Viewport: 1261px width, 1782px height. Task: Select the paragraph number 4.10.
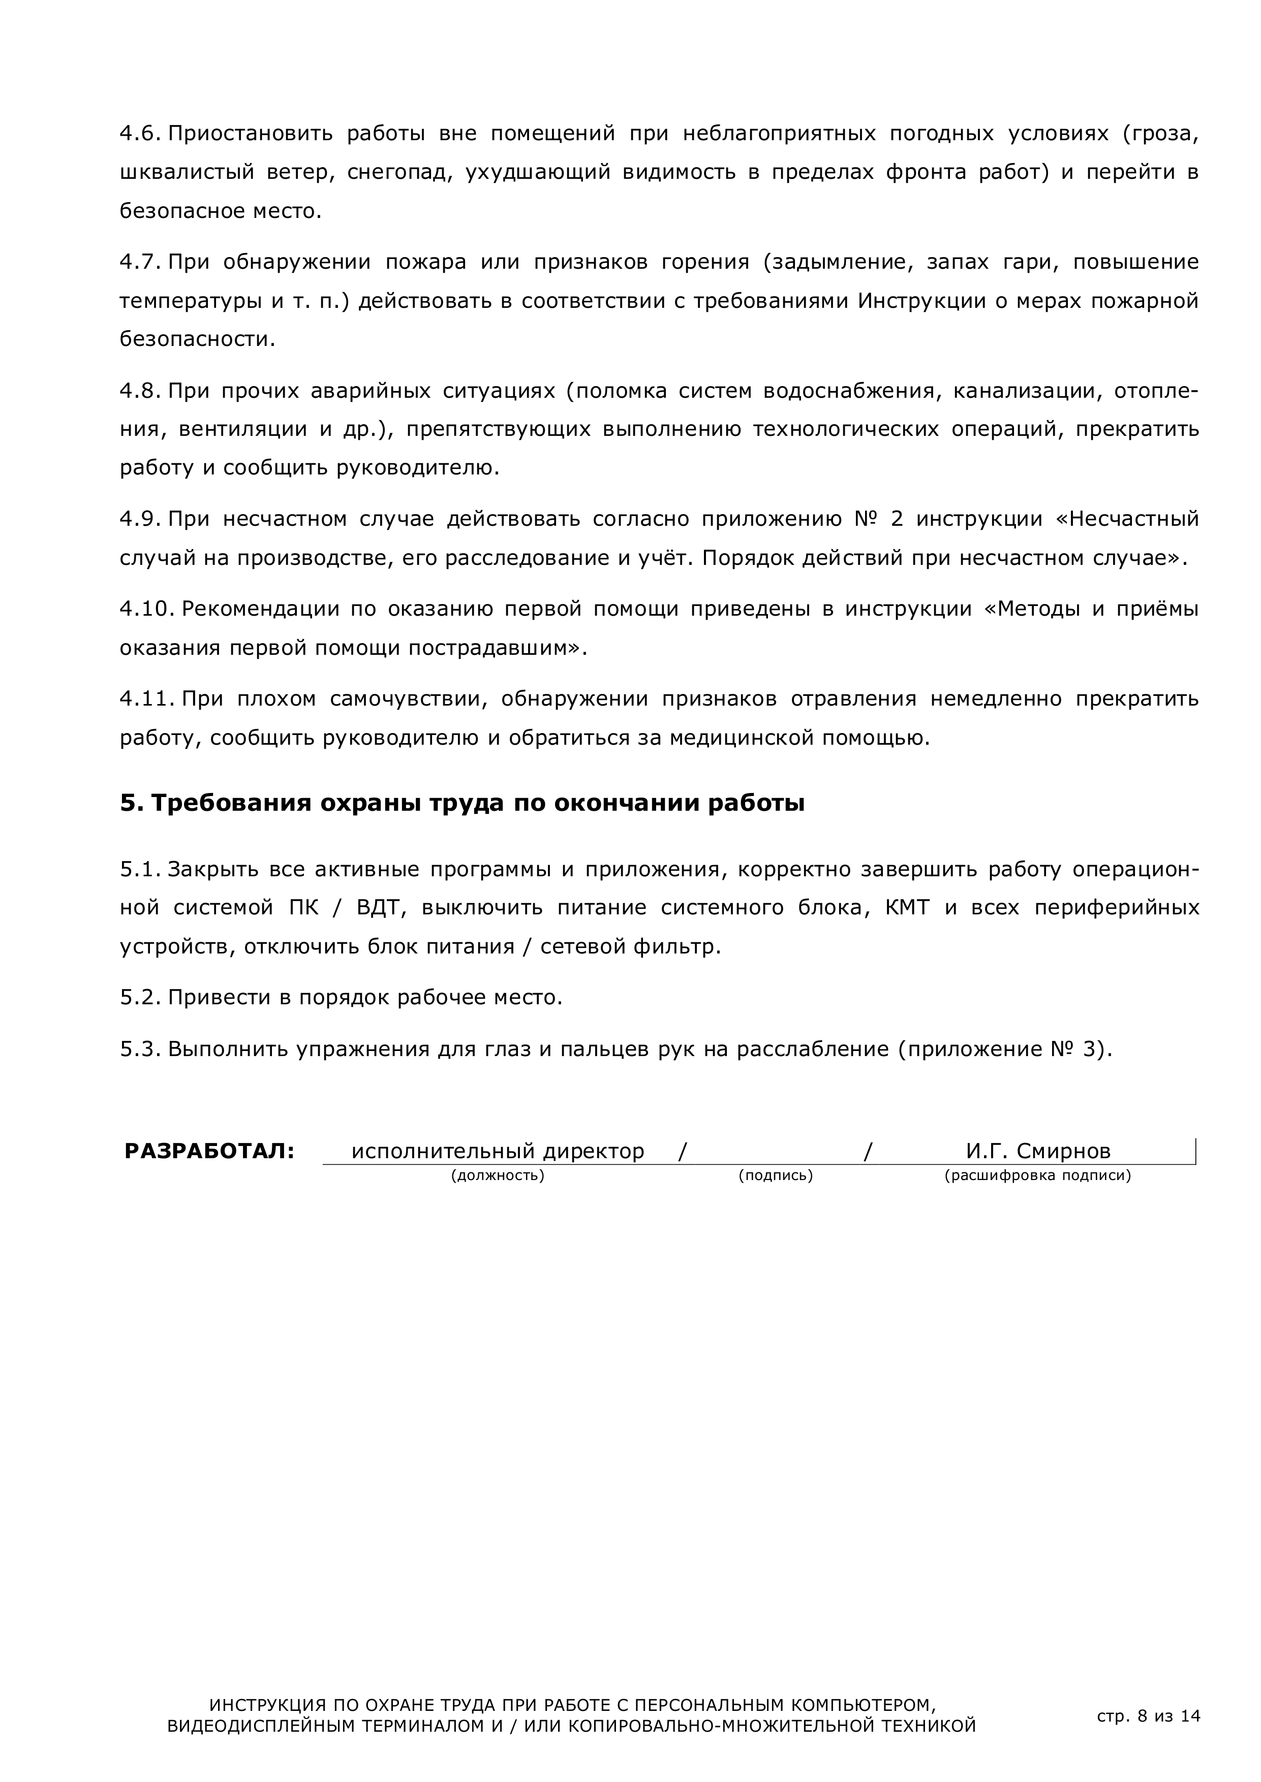pyautogui.click(x=145, y=609)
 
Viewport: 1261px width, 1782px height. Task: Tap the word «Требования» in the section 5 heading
pyautogui.click(x=229, y=803)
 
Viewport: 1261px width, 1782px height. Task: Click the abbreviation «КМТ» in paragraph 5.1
pyautogui.click(x=907, y=907)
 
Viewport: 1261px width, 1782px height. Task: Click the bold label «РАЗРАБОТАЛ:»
pyautogui.click(x=209, y=1151)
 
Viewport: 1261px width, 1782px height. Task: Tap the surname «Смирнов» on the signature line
pyautogui.click(x=1063, y=1151)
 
